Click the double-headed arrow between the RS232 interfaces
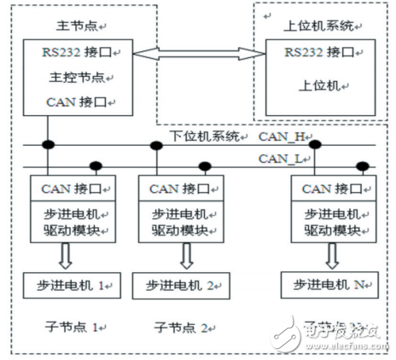coord(193,58)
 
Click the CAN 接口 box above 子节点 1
coord(67,188)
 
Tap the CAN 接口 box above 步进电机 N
coord(328,188)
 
